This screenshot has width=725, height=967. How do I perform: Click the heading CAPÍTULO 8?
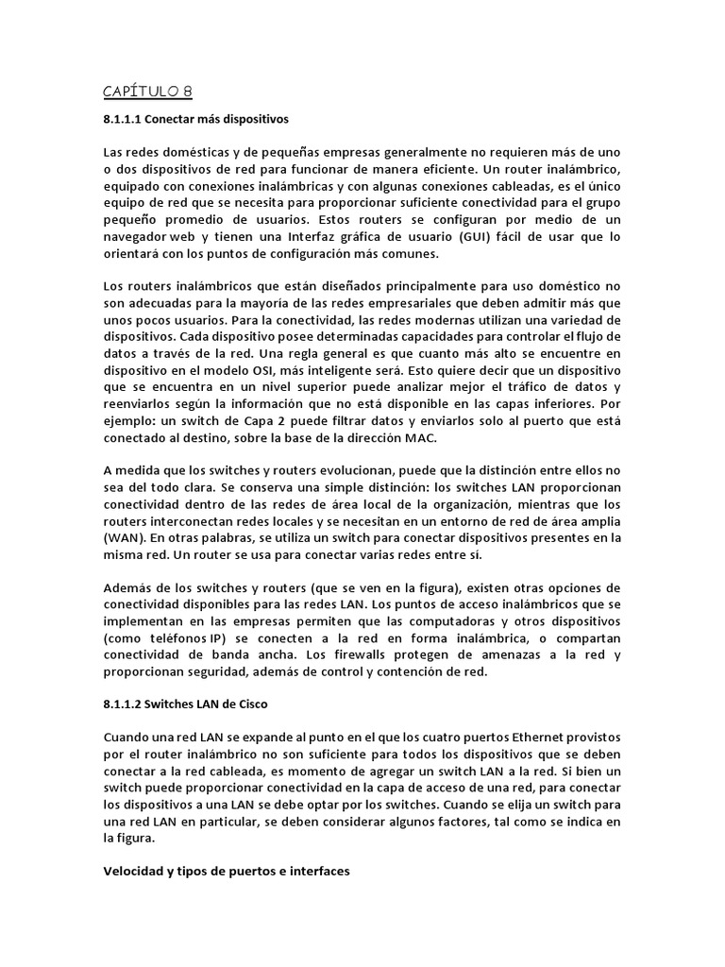click(147, 91)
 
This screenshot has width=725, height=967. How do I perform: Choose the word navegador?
click(139, 237)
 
